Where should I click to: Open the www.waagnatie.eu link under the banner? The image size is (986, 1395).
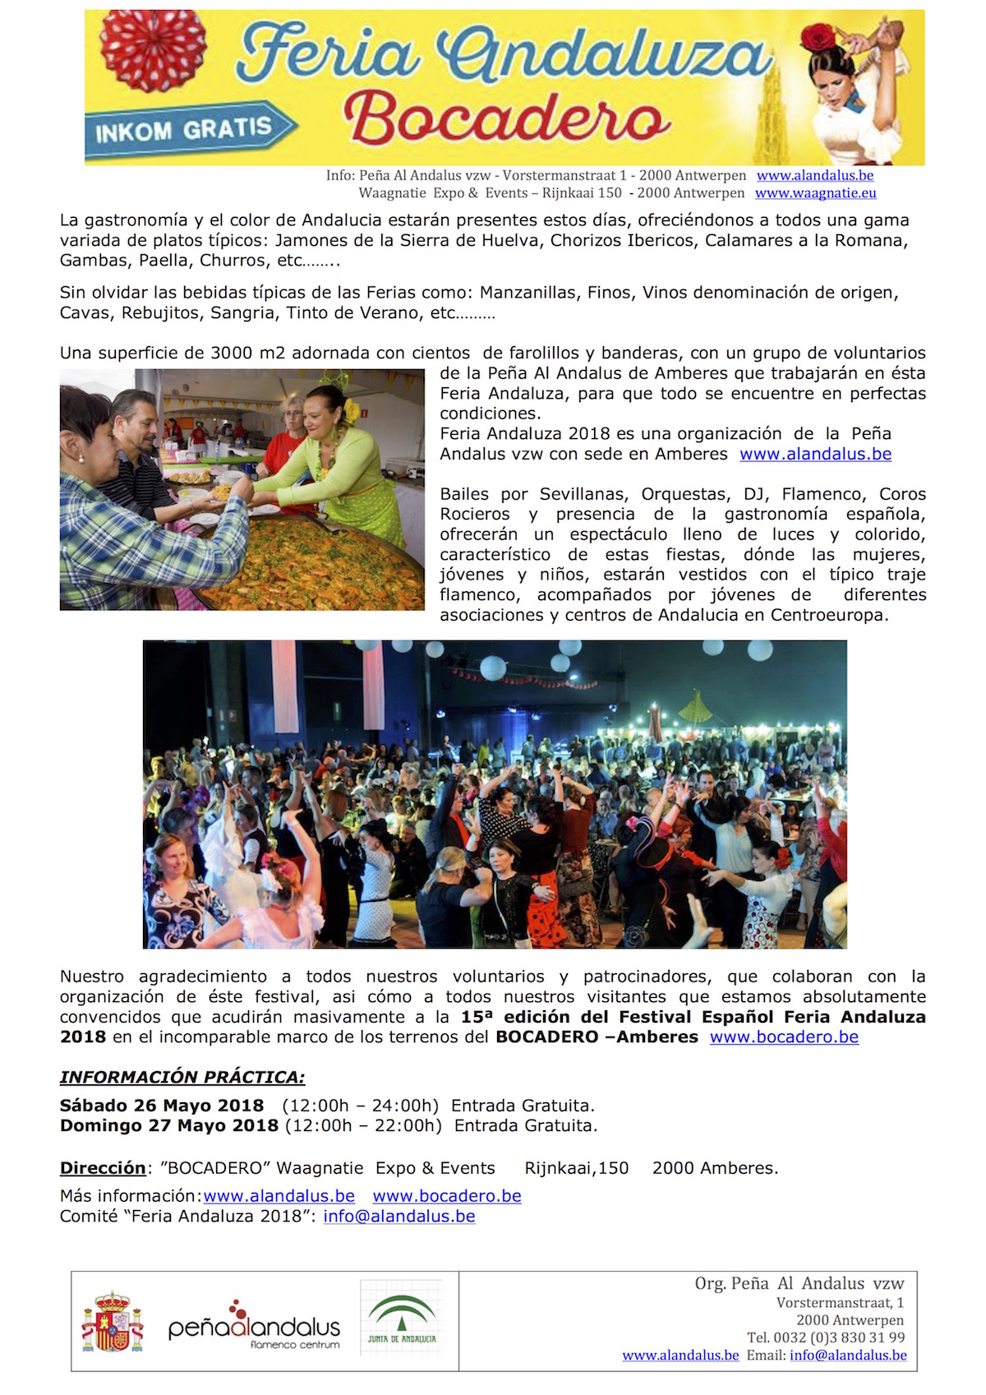[x=815, y=193]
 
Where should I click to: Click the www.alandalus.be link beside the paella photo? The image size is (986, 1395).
[x=815, y=454]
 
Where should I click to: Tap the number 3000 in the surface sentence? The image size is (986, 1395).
[x=232, y=353]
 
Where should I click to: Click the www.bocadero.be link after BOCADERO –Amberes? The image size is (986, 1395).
[x=784, y=1037]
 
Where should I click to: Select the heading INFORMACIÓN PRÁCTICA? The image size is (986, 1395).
[x=182, y=1077]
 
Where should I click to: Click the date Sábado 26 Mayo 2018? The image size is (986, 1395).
[x=162, y=1106]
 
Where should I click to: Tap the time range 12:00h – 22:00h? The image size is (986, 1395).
[x=363, y=1125]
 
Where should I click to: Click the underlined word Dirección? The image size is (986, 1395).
[x=103, y=1168]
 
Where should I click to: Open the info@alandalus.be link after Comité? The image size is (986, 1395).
[x=399, y=1216]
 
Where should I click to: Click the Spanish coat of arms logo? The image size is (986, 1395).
[x=113, y=1322]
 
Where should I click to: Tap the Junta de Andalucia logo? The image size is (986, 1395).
[x=402, y=1319]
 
